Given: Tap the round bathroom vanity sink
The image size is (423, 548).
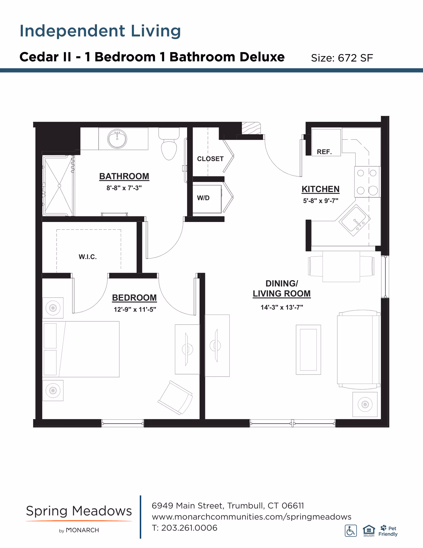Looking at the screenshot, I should click(117, 139).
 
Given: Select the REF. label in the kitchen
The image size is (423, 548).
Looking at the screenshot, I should click(324, 152).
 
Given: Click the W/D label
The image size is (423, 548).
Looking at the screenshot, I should click(203, 198).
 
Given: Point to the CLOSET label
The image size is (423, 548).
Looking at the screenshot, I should click(210, 159).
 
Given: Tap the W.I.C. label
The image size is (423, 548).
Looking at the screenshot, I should click(88, 257).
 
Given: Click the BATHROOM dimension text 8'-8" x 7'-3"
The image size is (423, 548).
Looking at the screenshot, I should click(124, 188).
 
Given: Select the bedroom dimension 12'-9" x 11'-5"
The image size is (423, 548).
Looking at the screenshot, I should click(135, 309).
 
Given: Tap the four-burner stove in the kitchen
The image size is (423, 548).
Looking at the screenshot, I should click(367, 182).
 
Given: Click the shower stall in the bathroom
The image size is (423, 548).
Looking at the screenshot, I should click(59, 185).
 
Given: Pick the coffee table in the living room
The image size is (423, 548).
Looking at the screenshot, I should click(308, 350).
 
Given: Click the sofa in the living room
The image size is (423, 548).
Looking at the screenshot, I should click(358, 350).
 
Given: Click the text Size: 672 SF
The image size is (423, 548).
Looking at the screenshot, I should click(342, 58).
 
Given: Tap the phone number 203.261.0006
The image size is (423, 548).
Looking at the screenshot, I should click(189, 528).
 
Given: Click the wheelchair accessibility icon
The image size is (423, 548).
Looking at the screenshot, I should click(351, 531).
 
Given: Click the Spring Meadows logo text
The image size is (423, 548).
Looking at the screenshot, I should click(79, 511).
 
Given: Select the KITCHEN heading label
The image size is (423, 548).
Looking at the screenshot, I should click(320, 189).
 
